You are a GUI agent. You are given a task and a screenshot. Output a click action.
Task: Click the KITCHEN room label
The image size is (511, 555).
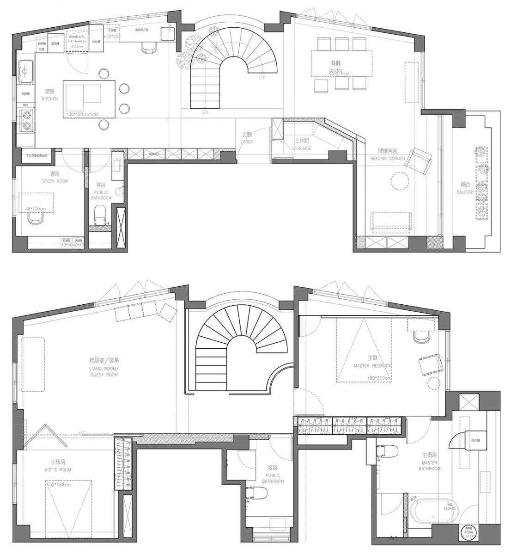[x=49, y=99]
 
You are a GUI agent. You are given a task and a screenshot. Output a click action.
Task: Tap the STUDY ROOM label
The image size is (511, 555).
[x=55, y=181]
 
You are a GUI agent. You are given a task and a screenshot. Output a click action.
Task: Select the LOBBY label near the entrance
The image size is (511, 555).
[x=246, y=142]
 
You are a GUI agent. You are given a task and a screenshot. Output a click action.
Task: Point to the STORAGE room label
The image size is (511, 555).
[x=301, y=148]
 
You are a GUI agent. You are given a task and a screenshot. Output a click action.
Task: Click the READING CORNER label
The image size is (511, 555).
[x=387, y=159]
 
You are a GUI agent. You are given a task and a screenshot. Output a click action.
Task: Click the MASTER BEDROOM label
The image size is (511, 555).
[x=372, y=365]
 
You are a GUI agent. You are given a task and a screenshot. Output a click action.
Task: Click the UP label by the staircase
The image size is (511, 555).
[x=262, y=78]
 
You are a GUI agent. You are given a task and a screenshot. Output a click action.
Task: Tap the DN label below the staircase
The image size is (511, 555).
[x=205, y=112]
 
